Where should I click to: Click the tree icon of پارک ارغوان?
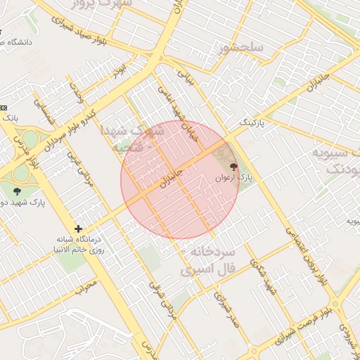click(x=233, y=167)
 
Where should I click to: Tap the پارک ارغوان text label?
click(x=243, y=179)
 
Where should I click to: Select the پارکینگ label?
click(x=254, y=122)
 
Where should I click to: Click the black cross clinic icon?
click(x=78, y=229)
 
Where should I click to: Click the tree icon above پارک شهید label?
click(x=17, y=190)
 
